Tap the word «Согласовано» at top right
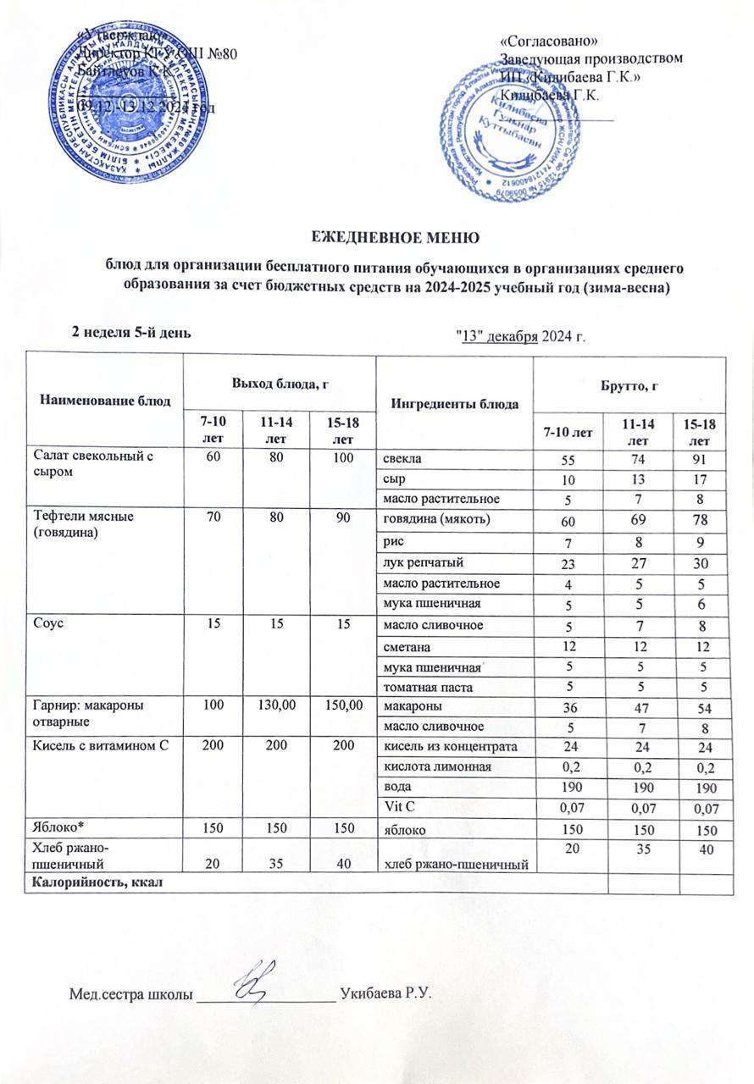click(552, 41)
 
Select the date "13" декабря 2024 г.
click(521, 337)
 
